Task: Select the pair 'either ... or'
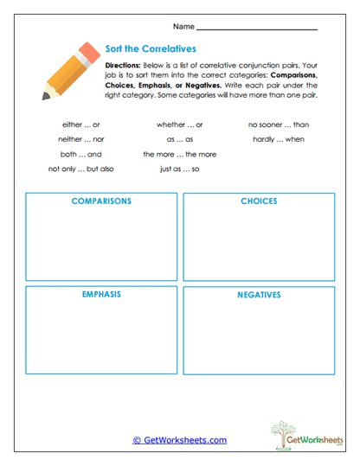(x=81, y=124)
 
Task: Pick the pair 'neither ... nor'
(x=81, y=139)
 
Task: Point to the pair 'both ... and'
(x=81, y=154)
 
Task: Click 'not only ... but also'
(x=81, y=169)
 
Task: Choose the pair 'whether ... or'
(x=180, y=124)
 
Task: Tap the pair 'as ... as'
(x=180, y=139)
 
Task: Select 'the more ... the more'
(x=180, y=154)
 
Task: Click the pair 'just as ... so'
(x=180, y=169)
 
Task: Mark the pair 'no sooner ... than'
(x=279, y=124)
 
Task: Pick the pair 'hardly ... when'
(x=279, y=139)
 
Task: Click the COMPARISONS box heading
(x=101, y=201)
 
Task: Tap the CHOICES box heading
(x=259, y=201)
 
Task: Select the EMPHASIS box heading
(x=101, y=294)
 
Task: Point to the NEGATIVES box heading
(x=259, y=295)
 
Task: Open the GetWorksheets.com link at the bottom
(x=180, y=440)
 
